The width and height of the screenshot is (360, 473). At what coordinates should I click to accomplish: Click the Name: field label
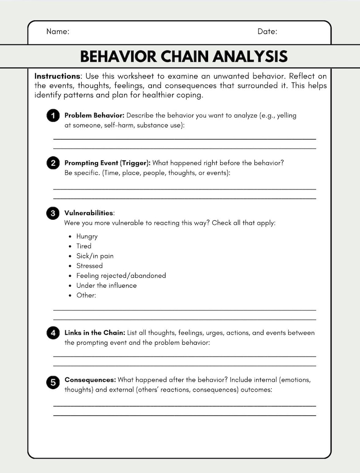point(58,32)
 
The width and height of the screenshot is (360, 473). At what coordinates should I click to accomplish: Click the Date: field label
point(267,32)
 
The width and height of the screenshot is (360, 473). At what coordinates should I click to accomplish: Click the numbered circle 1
point(53,116)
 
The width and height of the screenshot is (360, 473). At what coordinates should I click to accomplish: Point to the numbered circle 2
point(53,163)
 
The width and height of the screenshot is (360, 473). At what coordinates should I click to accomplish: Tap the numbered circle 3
point(53,213)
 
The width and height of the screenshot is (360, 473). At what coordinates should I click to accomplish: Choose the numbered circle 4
point(53,333)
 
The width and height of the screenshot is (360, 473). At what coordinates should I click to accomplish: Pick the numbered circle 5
point(53,383)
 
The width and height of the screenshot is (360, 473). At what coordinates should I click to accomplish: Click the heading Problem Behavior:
point(94,116)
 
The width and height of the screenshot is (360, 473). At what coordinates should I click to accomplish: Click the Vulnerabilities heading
point(89,213)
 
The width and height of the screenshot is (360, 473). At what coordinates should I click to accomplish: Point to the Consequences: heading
point(90,380)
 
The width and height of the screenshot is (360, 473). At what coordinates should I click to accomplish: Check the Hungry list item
point(87,236)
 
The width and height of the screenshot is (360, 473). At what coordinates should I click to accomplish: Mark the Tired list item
point(84,246)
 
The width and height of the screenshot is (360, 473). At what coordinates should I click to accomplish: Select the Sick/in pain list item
point(95,256)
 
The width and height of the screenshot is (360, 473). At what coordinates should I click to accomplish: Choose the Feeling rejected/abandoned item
point(121,275)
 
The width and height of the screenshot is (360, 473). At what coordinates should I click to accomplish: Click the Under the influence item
point(106,285)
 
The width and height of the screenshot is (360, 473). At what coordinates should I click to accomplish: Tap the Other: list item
point(86,295)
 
